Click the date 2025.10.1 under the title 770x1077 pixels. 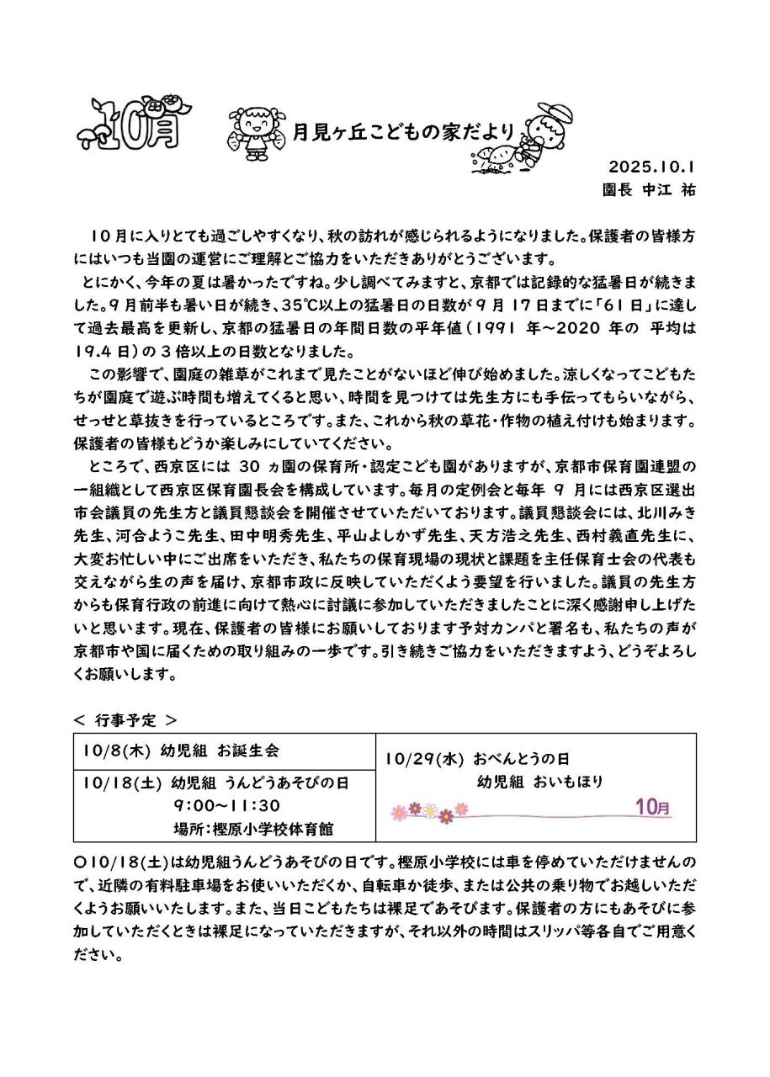[652, 166]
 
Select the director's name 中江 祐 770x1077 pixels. [670, 190]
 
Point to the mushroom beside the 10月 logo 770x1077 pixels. [88, 135]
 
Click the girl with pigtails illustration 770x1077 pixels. [253, 130]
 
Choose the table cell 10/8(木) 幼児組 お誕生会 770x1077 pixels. [181, 750]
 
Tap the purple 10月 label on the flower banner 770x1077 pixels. [653, 808]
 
